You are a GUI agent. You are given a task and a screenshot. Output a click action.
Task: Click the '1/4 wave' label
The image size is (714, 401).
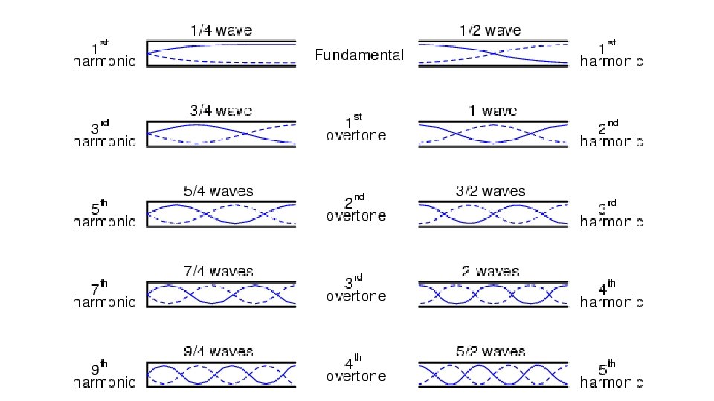[221, 31]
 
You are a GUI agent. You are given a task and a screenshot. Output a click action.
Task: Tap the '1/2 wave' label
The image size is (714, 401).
[492, 31]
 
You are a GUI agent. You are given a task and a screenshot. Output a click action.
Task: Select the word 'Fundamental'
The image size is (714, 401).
[359, 55]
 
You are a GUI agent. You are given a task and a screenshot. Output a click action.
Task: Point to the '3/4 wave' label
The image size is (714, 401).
[221, 111]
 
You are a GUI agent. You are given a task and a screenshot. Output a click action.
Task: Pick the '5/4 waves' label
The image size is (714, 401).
[221, 192]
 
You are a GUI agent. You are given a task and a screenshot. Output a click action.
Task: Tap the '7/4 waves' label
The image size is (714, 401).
[221, 272]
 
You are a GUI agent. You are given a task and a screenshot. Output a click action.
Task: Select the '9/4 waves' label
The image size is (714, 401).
[221, 352]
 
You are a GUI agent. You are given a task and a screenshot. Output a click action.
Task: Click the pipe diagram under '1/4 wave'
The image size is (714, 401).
[221, 54]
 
